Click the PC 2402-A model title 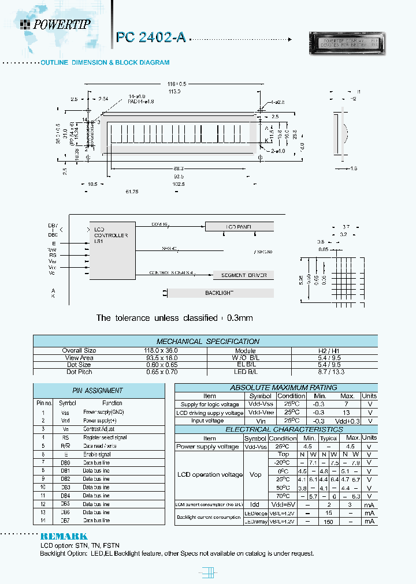tap(151, 38)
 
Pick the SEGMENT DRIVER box tap(244, 275)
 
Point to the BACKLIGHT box tap(220, 293)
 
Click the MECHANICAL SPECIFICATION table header tap(208, 341)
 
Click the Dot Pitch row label tap(79, 372)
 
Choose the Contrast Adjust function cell tap(99, 429)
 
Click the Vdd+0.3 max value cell tap(347, 421)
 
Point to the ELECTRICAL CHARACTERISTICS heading tap(276, 429)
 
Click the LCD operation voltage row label tap(209, 474)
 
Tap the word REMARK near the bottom tap(64, 536)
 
